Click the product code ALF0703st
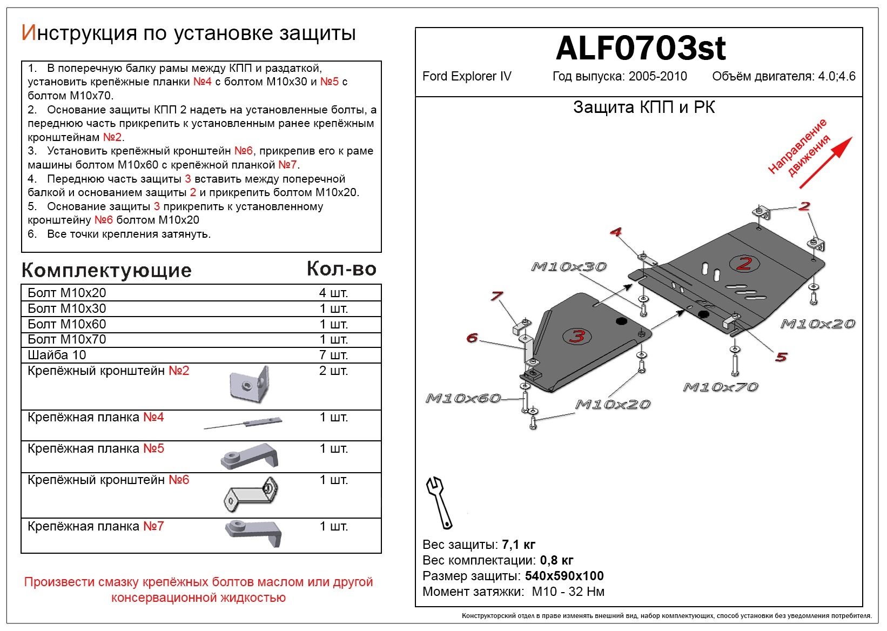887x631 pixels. point(640,49)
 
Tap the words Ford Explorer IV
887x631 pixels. point(467,76)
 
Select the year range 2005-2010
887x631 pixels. point(657,76)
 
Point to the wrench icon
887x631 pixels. point(439,502)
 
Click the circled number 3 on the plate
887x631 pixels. point(577,336)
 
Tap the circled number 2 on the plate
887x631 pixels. point(744,264)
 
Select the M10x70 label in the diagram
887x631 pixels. point(721,387)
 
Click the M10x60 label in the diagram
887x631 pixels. point(463,399)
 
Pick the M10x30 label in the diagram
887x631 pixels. point(569,267)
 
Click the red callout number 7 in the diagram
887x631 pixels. point(496,296)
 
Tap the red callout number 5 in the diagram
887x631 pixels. point(781,357)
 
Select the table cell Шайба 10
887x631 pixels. point(57,355)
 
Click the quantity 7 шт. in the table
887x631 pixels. point(333,355)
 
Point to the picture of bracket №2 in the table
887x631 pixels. point(249,385)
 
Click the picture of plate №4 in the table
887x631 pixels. point(243,424)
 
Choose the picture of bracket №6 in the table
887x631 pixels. point(251,494)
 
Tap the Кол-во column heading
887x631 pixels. point(341,268)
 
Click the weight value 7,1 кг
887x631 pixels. point(519,545)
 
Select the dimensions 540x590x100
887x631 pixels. point(564,576)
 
